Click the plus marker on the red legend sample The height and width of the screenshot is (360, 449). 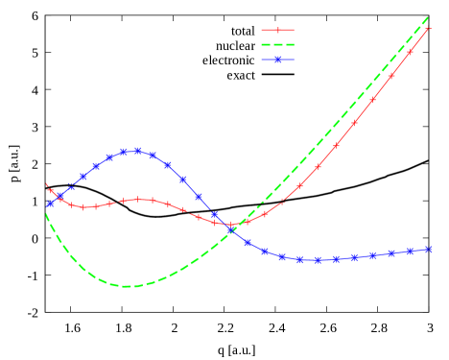278,30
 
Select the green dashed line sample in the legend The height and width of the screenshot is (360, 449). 278,44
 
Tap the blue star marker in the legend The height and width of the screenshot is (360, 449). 278,60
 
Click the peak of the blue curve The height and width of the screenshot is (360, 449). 137,151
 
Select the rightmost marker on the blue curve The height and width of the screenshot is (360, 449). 429,250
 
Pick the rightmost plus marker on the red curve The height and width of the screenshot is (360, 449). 428,30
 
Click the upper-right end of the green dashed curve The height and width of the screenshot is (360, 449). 428,16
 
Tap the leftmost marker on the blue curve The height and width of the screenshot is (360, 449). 50,204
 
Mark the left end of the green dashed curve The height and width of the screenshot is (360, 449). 46,213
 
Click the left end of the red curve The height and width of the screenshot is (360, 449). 46,183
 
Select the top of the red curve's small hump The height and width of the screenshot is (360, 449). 139,200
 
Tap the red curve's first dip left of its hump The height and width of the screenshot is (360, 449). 83,206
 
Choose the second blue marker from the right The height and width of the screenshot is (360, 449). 411,252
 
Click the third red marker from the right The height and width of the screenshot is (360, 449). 391,74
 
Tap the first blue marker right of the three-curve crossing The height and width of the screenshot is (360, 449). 248,243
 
